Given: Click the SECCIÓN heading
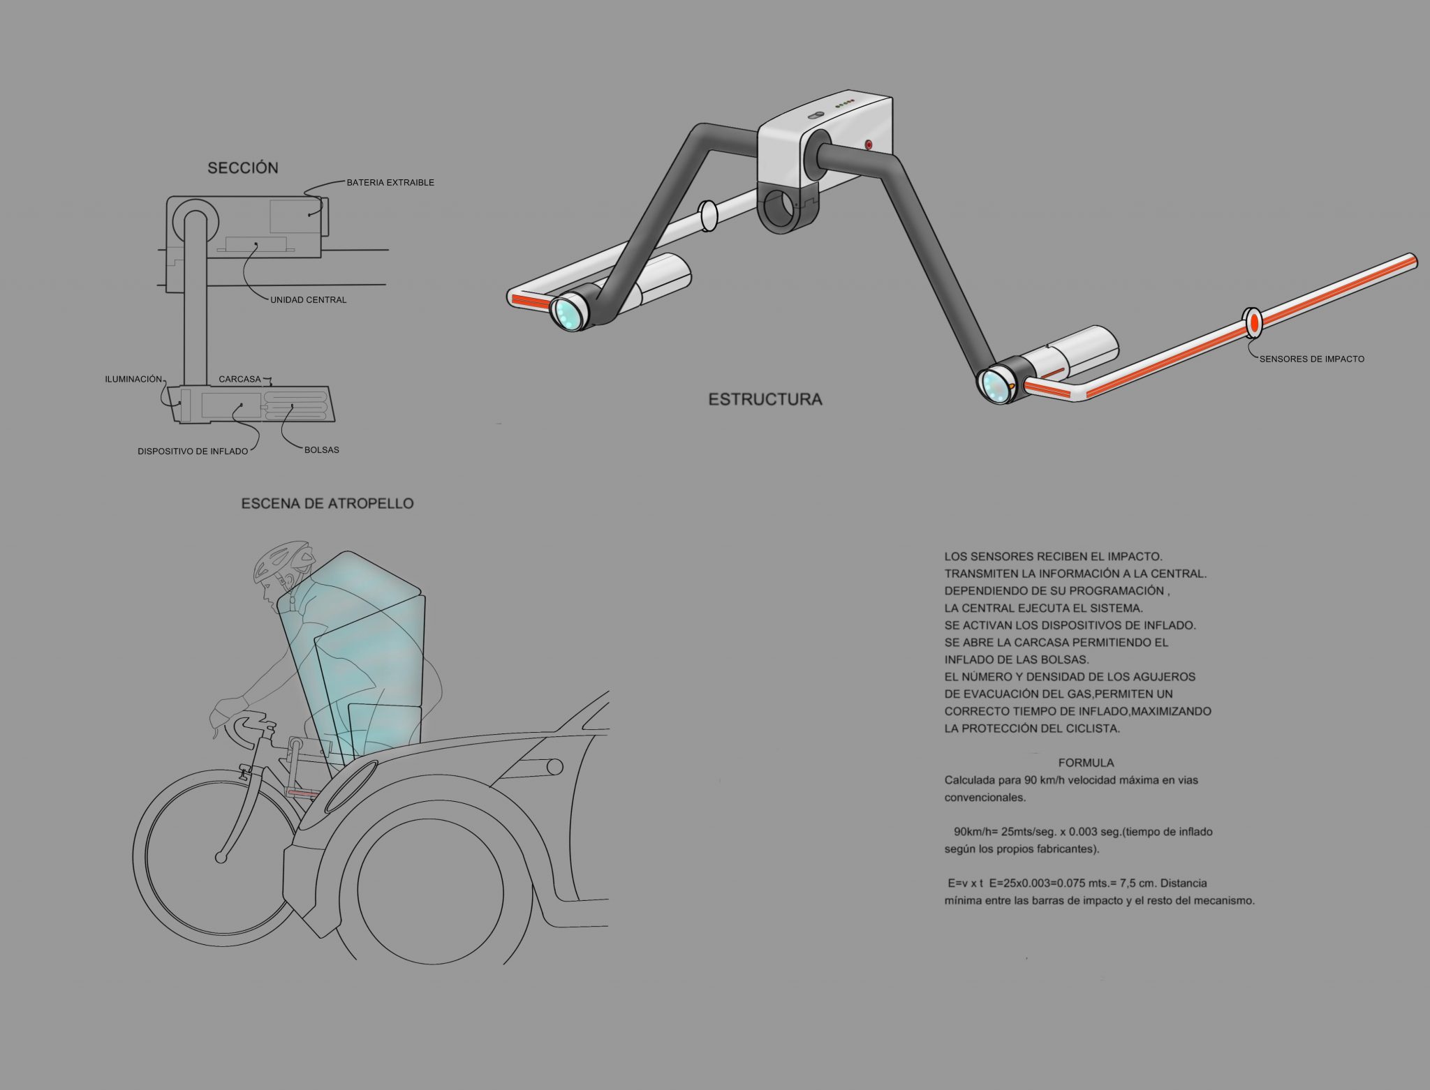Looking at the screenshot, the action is coord(243,167).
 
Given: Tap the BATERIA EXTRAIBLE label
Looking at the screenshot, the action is coord(390,182).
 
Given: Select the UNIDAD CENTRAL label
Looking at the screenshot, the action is coord(308,300).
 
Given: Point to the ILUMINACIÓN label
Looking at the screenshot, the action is coord(133,379).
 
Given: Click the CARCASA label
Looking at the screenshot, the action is coord(239,380).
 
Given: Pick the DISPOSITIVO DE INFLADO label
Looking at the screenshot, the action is coord(193,451).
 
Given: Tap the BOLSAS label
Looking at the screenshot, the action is coord(322,450).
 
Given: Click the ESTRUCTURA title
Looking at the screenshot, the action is coord(765,400).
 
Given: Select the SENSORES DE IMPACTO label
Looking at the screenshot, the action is coord(1311,359).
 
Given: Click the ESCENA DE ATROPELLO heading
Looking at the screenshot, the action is coord(327,503).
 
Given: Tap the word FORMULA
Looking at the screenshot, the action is coord(1086,763).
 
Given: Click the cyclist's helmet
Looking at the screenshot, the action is coord(281,561).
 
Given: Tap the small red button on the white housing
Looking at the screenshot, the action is coord(869,145).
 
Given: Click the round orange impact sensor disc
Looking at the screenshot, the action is coord(1254,322).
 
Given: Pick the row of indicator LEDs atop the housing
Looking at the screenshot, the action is coord(846,103).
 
